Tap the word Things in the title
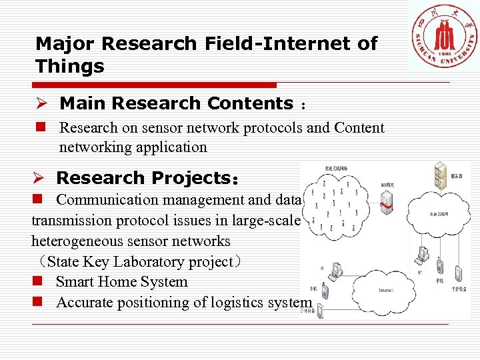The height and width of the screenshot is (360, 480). (70, 66)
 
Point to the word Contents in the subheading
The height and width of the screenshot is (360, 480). (250, 104)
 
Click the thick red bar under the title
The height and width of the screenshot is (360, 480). (157, 85)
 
